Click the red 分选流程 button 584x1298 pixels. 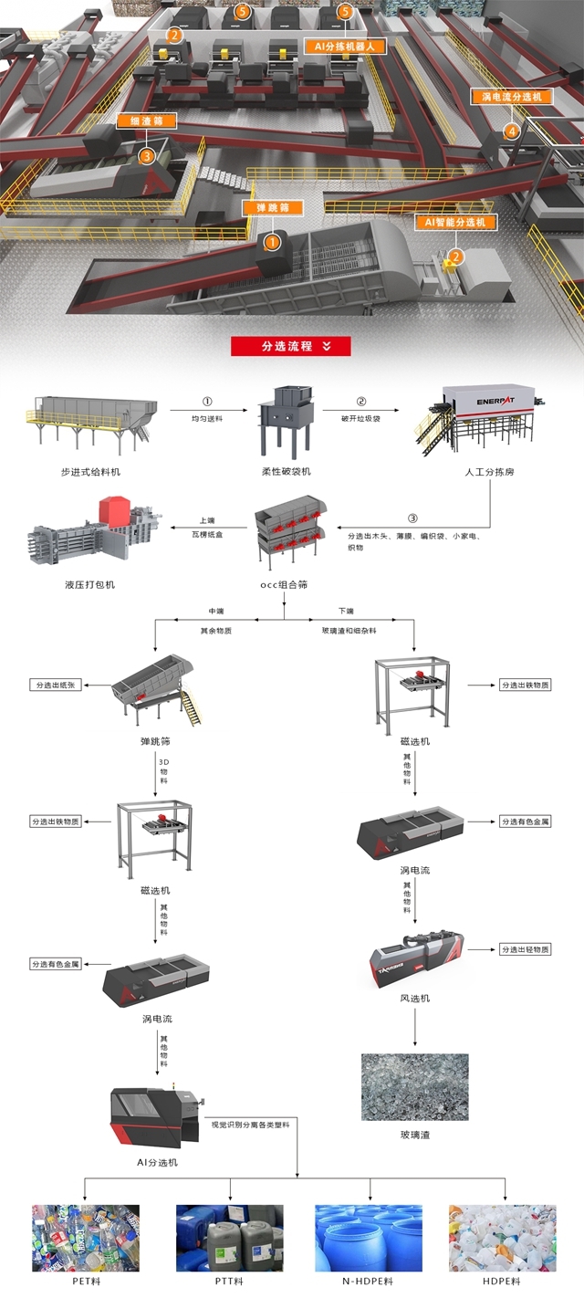pyautogui.click(x=290, y=346)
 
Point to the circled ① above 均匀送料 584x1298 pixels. pyautogui.click(x=206, y=401)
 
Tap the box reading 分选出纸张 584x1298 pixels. pyautogui.click(x=56, y=685)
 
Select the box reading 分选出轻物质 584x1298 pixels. pyautogui.click(x=526, y=949)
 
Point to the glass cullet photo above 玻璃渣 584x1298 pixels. pyautogui.click(x=415, y=1087)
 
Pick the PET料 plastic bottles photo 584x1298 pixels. pyautogui.click(x=86, y=1238)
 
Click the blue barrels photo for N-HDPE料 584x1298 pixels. pyautogui.click(x=369, y=1238)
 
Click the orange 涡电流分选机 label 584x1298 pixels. pyautogui.click(x=512, y=96)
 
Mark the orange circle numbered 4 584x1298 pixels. pyautogui.click(x=511, y=131)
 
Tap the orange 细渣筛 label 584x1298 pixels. pyautogui.click(x=146, y=120)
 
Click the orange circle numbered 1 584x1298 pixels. pyautogui.click(x=271, y=242)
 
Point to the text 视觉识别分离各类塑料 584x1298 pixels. pyautogui.click(x=249, y=1125)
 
